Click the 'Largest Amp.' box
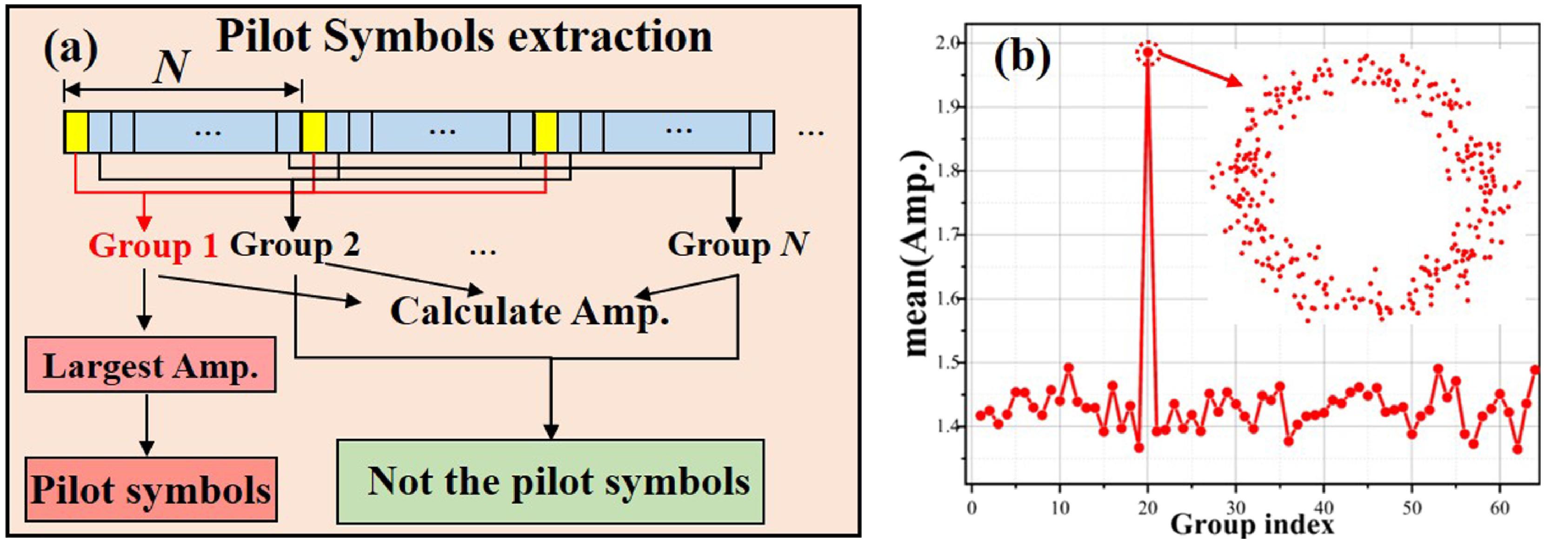pos(150,365)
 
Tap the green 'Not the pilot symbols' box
pos(550,482)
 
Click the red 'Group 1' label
pos(153,246)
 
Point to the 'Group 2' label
pos(295,245)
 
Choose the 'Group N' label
pos(738,245)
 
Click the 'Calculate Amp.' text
pos(529,312)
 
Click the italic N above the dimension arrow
pos(172,67)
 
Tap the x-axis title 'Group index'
pos(1252,525)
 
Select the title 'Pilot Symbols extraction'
pos(464,37)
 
